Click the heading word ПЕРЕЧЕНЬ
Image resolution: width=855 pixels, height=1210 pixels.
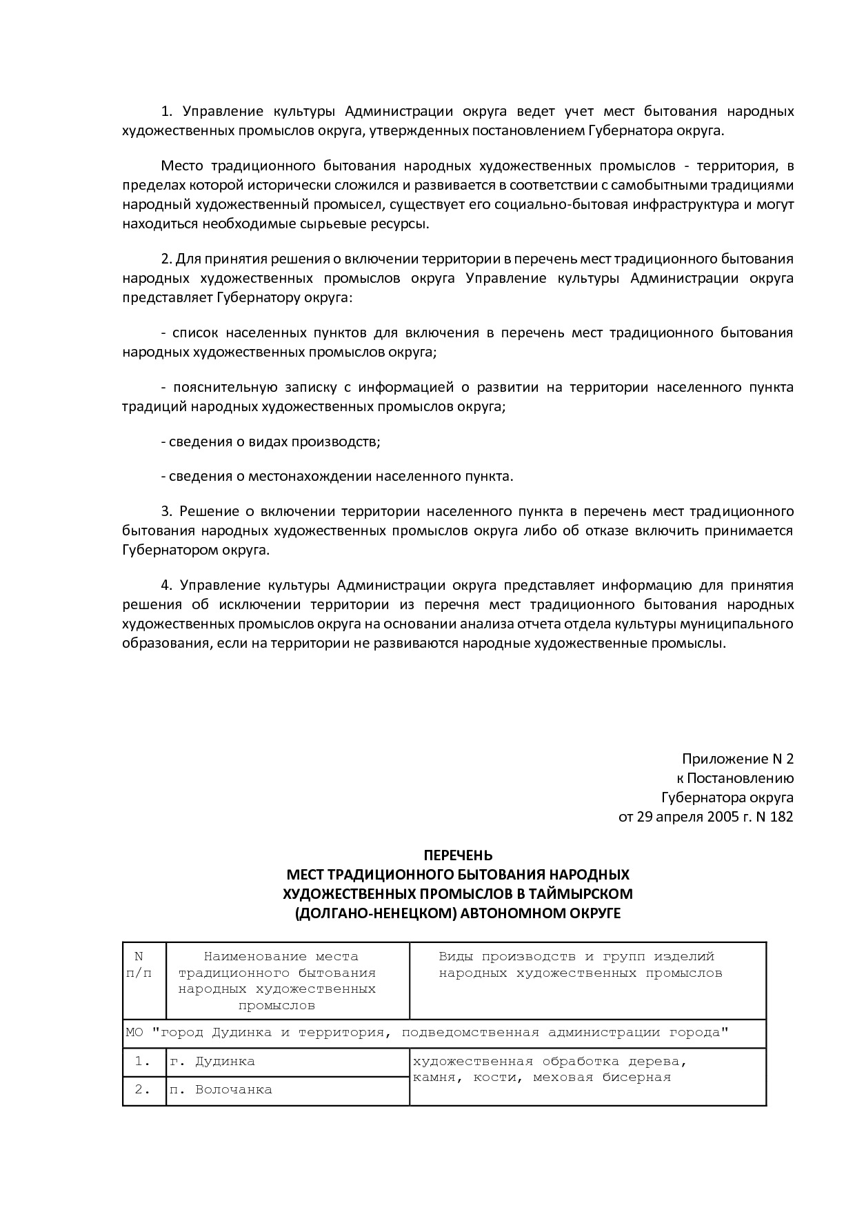(458, 855)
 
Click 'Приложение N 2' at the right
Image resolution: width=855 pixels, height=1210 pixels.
(738, 759)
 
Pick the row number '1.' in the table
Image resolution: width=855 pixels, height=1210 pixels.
(143, 1062)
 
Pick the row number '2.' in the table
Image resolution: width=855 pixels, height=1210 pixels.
(143, 1090)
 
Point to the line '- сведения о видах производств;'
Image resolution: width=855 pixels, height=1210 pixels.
(270, 442)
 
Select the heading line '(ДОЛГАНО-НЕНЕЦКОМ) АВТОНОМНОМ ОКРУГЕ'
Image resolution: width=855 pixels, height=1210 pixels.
(458, 913)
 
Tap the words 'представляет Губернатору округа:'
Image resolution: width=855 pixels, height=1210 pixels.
(237, 297)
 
